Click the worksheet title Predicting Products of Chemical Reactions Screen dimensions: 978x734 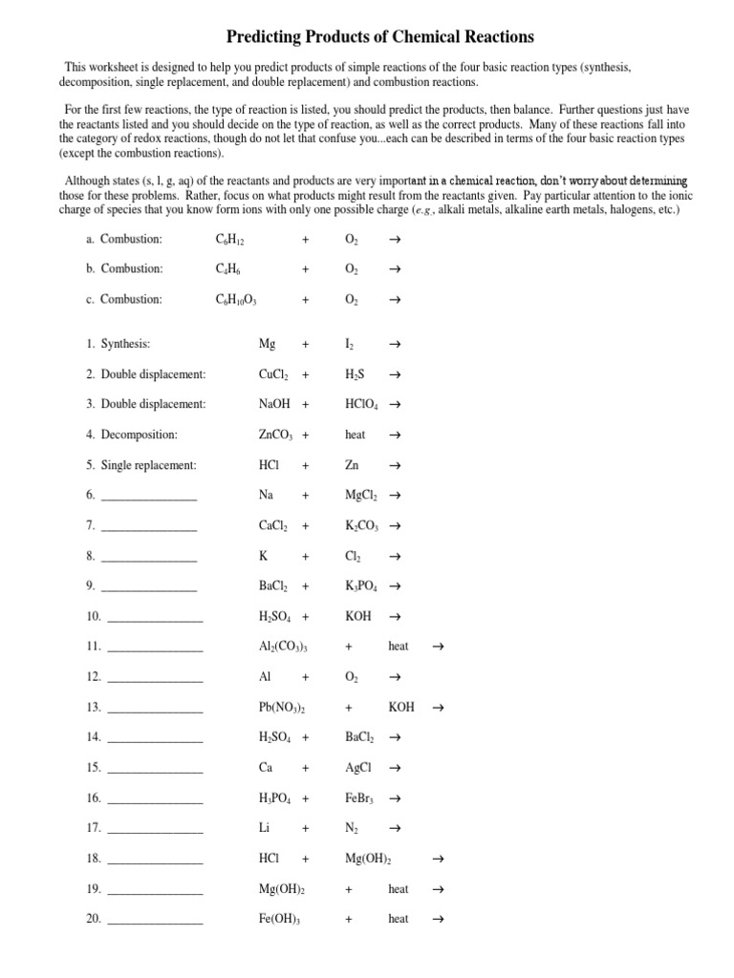pyautogui.click(x=379, y=37)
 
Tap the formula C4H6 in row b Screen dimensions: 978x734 pyautogui.click(x=229, y=269)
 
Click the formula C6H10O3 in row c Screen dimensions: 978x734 pyautogui.click(x=237, y=300)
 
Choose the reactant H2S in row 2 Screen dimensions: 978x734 pyautogui.click(x=356, y=374)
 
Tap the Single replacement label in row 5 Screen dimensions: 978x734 pyautogui.click(x=148, y=465)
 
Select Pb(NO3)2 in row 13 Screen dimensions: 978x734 pyautogui.click(x=282, y=708)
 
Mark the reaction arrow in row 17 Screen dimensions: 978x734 pyautogui.click(x=396, y=828)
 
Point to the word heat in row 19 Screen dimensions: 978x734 pyautogui.click(x=399, y=889)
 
